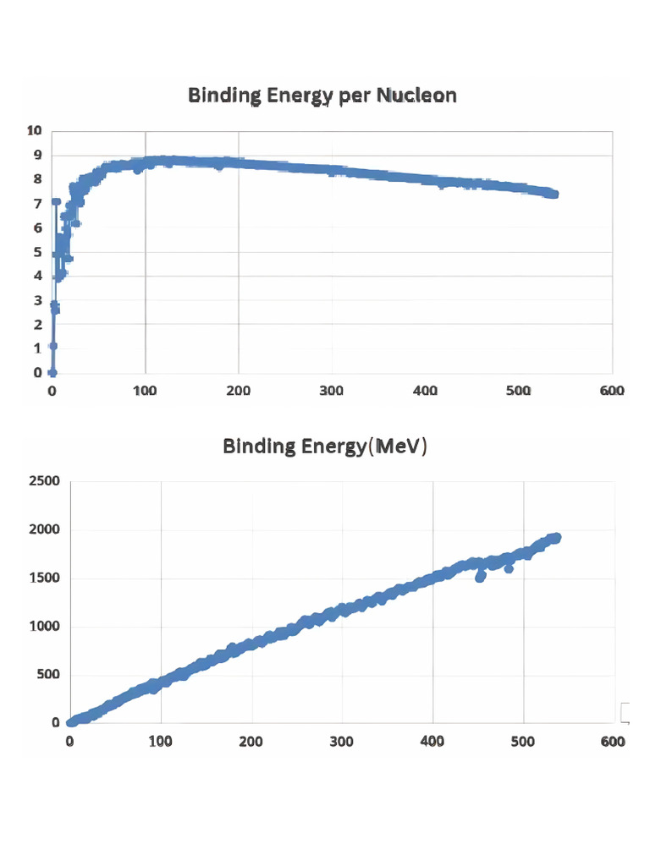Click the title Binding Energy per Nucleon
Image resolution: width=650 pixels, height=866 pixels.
pyautogui.click(x=322, y=95)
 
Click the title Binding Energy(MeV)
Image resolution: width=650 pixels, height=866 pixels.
pyautogui.click(x=325, y=446)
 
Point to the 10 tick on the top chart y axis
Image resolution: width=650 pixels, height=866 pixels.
pyautogui.click(x=34, y=131)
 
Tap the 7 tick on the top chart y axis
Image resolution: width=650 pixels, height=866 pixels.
pyautogui.click(x=36, y=204)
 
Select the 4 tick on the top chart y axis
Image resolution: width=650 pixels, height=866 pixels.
pyautogui.click(x=36, y=276)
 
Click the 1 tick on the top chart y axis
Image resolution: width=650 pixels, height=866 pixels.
pyautogui.click(x=36, y=348)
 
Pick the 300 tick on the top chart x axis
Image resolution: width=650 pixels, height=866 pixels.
pyautogui.click(x=332, y=391)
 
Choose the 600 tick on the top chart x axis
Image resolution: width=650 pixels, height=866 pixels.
pyautogui.click(x=611, y=391)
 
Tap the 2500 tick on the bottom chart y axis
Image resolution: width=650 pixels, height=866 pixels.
pyautogui.click(x=44, y=481)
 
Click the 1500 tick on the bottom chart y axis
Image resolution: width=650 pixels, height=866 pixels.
pyautogui.click(x=44, y=578)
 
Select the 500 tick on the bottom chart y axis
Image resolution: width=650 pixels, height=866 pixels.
pyautogui.click(x=47, y=675)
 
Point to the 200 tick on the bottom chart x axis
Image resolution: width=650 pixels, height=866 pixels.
pyautogui.click(x=251, y=742)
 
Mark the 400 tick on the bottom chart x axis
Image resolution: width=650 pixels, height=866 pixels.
pyautogui.click(x=433, y=742)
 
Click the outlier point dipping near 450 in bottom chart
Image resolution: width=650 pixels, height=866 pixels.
pyautogui.click(x=481, y=577)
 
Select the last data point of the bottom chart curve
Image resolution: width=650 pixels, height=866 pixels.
pyautogui.click(x=555, y=538)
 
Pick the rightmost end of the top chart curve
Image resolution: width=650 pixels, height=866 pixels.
pyautogui.click(x=554, y=194)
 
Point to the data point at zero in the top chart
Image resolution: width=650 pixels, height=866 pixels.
pyautogui.click(x=52, y=372)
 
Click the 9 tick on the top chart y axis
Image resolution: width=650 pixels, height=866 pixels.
pyautogui.click(x=36, y=155)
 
